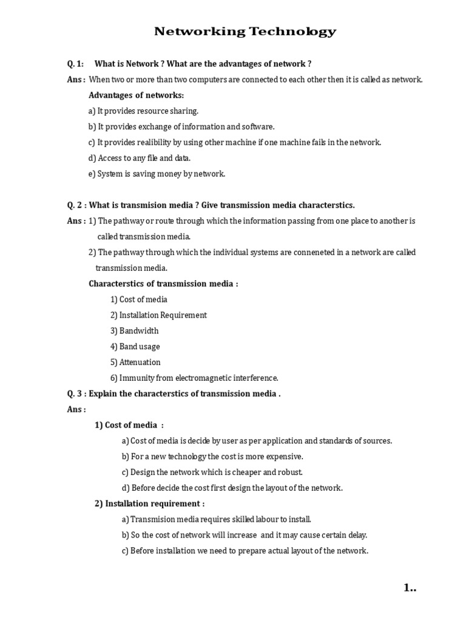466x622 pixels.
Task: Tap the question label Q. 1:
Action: pos(75,64)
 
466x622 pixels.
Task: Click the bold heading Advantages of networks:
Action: pos(136,95)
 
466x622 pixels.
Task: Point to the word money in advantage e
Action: pos(178,174)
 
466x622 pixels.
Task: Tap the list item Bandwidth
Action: pos(139,331)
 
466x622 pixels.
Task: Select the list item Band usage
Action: pos(140,347)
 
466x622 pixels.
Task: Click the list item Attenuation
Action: pos(140,363)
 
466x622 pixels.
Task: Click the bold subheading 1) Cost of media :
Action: pos(129,425)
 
